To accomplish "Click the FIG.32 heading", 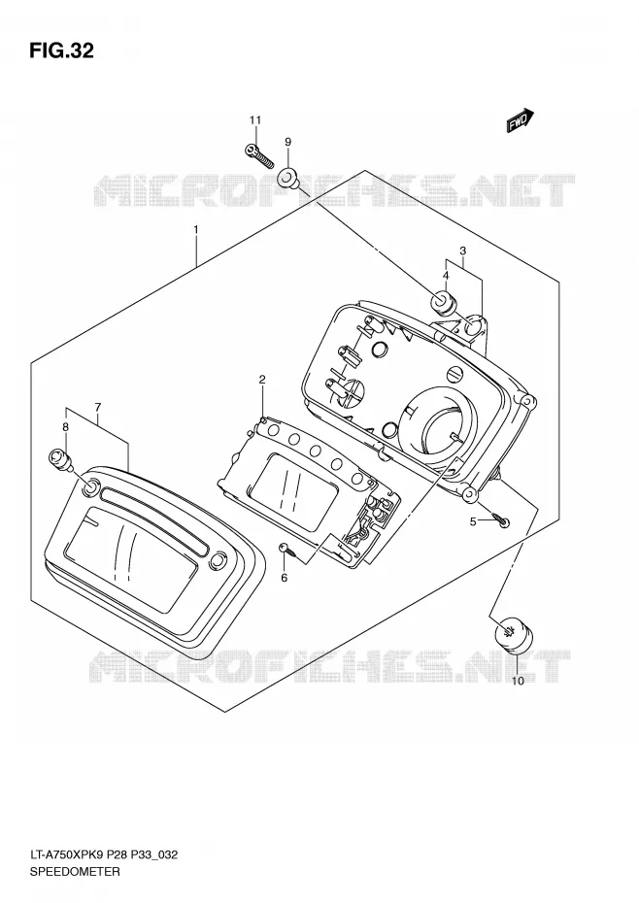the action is (61, 50).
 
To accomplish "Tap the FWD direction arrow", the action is (521, 120).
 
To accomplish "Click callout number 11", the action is (255, 119).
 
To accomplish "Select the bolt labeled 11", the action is (257, 153).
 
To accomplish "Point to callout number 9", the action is (288, 142).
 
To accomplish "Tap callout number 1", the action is (196, 229).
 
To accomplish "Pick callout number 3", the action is (462, 251).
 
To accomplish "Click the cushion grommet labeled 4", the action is (443, 304).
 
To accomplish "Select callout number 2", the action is (262, 379).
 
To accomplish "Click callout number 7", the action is (98, 408).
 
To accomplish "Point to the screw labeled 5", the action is (500, 520).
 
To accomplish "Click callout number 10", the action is (518, 682).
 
